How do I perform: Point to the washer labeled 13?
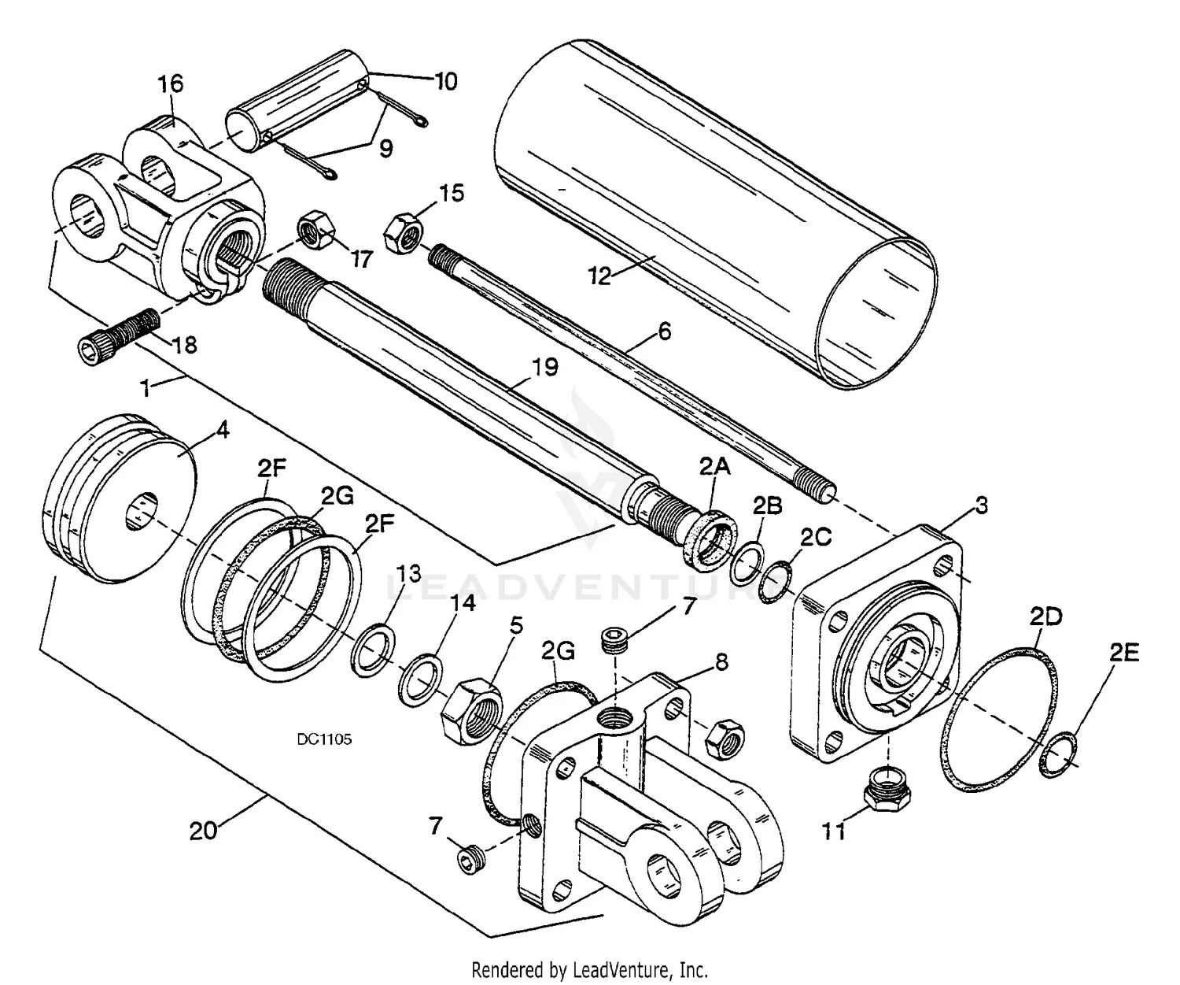pos(372,650)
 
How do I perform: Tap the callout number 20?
pos(203,830)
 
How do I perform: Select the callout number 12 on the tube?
pos(599,276)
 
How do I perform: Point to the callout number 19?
pos(544,367)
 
